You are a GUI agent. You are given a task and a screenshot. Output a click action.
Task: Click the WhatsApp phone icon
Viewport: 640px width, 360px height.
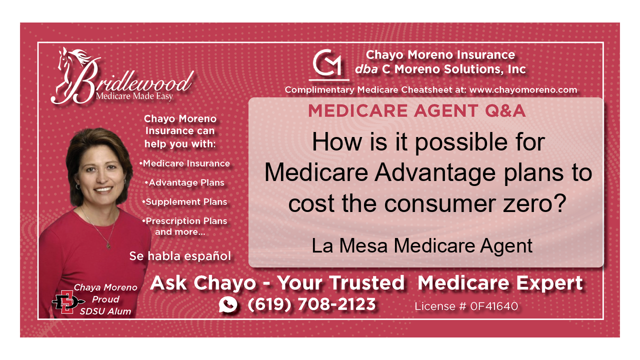(228, 304)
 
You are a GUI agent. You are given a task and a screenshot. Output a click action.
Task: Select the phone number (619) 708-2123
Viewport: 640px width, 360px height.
(311, 304)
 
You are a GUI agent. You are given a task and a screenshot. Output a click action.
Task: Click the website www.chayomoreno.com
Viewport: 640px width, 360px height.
(523, 90)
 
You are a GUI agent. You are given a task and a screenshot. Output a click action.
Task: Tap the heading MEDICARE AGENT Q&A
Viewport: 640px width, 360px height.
(416, 110)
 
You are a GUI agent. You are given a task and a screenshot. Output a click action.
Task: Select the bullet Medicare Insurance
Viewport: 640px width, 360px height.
(185, 163)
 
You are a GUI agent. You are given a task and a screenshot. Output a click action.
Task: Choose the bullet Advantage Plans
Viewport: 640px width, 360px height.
(185, 182)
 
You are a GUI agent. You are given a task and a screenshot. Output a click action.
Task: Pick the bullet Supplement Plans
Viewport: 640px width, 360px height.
(185, 202)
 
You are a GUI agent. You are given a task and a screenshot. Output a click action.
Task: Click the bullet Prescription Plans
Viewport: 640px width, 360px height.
(185, 221)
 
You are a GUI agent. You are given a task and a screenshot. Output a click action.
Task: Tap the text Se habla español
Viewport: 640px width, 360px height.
(180, 256)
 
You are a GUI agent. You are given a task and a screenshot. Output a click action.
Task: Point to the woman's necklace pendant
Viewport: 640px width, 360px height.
(107, 245)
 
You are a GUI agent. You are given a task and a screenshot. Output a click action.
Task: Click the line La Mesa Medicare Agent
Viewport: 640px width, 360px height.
(422, 245)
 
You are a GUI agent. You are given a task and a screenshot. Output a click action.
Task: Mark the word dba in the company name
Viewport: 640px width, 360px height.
(366, 69)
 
